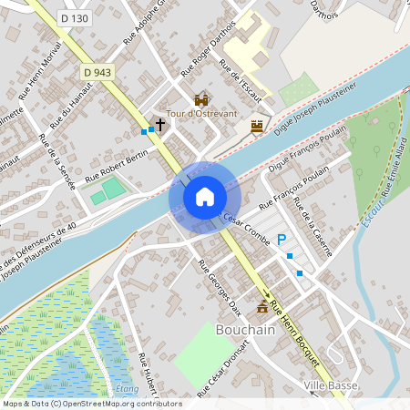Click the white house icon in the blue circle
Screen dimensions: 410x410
point(205,197)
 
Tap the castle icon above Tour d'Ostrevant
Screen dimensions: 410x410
point(201,98)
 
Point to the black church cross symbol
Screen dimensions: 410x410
point(160,124)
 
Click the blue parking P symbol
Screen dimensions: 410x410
point(282,239)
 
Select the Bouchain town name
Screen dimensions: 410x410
point(245,330)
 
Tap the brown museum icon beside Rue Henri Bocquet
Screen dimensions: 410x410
point(263,307)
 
